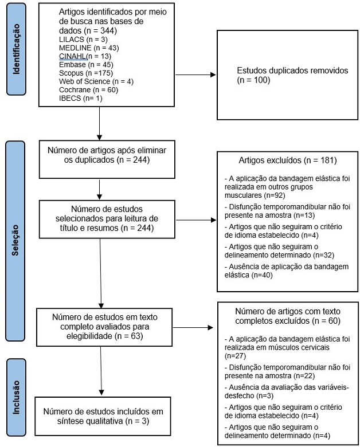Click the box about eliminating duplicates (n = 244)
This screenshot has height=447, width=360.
click(100, 155)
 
